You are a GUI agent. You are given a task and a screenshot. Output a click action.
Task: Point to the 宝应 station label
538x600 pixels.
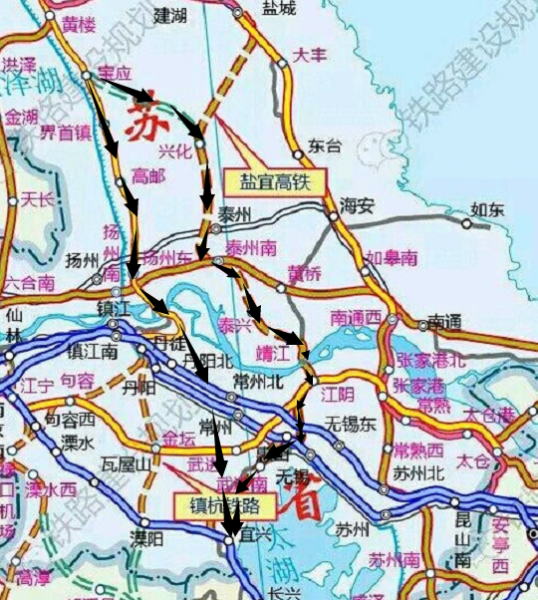[115, 73]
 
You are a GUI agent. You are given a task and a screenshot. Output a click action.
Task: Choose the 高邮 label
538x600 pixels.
[147, 175]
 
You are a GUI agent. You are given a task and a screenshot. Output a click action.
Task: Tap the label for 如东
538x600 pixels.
[488, 209]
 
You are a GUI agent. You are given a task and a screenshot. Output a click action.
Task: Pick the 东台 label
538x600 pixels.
[325, 145]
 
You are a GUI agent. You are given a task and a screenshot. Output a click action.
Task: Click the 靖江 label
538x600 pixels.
[272, 351]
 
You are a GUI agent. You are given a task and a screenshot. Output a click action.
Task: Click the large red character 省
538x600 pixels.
[303, 499]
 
